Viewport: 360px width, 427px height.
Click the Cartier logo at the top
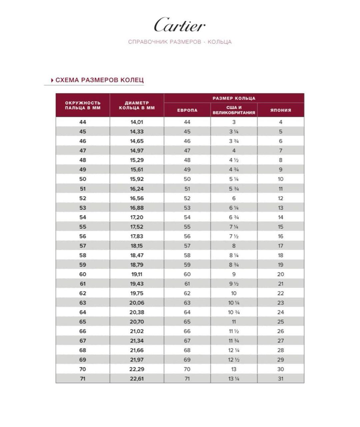coord(180,25)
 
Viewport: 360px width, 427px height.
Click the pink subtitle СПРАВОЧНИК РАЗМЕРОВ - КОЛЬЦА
coord(180,42)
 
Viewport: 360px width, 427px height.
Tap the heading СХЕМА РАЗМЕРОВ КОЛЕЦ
coord(99,80)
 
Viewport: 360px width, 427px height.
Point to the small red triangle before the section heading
coord(52,80)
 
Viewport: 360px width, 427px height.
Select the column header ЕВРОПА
coord(187,110)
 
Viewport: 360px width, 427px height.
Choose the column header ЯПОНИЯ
coord(281,110)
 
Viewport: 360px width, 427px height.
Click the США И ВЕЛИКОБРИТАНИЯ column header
coord(234,110)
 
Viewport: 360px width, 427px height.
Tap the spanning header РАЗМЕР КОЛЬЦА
coord(234,98)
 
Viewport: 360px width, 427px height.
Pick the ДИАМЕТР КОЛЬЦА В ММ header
coord(137,105)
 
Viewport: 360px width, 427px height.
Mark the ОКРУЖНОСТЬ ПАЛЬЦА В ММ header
coord(83,105)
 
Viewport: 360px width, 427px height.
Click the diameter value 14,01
coord(137,122)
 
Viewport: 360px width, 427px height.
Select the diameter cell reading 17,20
coord(137,217)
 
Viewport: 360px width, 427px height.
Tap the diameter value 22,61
coord(137,379)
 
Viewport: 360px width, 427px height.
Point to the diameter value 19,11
coord(137,274)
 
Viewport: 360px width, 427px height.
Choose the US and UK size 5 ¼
coord(234,179)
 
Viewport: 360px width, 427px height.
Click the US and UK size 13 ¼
coord(234,379)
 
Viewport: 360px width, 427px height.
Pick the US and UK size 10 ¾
coord(234,312)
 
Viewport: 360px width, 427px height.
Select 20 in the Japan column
coord(281,274)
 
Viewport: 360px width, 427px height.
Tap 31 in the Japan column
coord(281,379)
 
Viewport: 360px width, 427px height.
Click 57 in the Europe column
coord(187,246)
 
